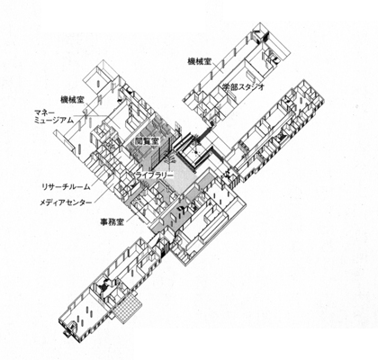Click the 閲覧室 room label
coord(147,141)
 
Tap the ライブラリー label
coord(154,175)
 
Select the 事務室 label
coord(112,221)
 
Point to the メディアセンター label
coord(66,202)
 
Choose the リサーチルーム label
coord(66,187)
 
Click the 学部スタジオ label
coord(243,86)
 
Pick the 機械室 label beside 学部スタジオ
coord(199,61)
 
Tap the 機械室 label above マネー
coord(72,100)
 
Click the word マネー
coord(44,113)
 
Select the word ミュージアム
coord(54,121)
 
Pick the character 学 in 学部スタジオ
coord(226,86)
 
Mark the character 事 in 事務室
coord(104,221)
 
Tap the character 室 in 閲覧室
coord(155,141)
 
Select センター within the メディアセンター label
coord(79,202)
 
